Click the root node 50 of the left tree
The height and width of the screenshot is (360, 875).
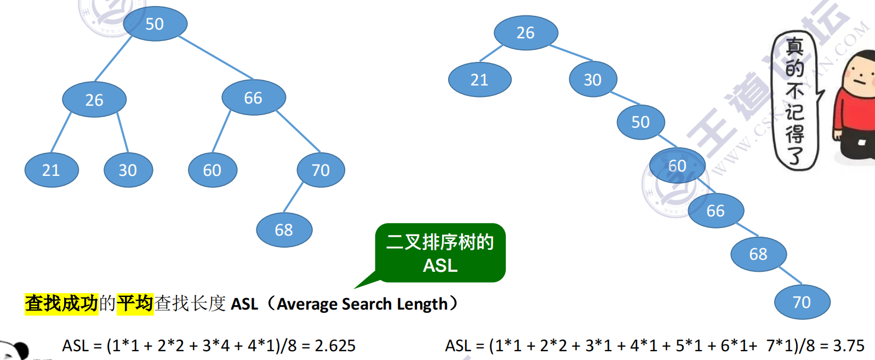pos(155,24)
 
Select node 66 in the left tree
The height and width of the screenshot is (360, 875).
pos(253,98)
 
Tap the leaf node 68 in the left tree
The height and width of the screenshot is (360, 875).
pos(284,230)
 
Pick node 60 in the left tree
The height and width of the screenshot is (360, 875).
pos(212,170)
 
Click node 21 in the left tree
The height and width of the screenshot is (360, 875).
pos(51,170)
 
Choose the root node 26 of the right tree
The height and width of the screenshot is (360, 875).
pos(525,33)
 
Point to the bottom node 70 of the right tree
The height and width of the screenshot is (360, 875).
pos(802,302)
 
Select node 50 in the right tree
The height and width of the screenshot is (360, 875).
pos(640,122)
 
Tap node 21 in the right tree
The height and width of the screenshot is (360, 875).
pos(479,80)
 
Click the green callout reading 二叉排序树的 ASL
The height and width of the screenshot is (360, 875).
pos(440,253)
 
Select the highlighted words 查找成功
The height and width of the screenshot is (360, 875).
pos(61,303)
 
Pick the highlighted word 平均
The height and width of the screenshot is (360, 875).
pos(135,303)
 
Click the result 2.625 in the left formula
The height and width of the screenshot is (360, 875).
pos(335,346)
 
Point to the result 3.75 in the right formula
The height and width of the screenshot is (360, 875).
pos(848,346)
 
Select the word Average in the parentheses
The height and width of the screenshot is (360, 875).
pos(307,304)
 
